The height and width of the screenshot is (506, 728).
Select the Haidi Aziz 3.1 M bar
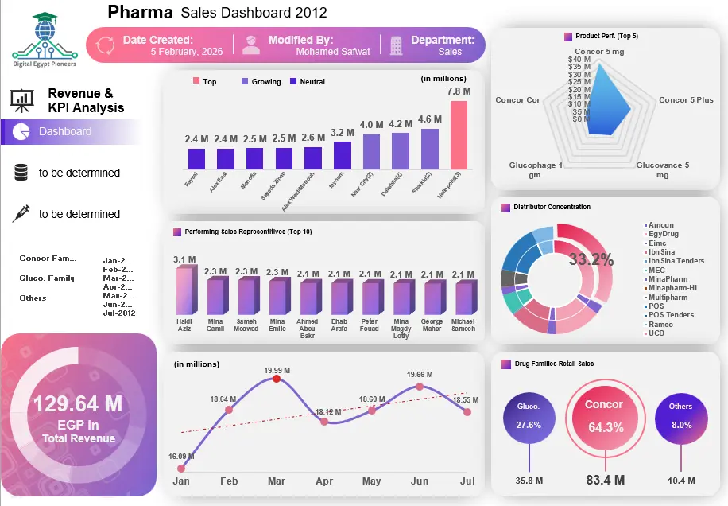[x=184, y=290]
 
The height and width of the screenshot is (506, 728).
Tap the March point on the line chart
[x=277, y=379]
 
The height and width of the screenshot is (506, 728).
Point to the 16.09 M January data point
[x=181, y=469]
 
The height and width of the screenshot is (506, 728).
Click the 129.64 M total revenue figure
[x=77, y=404]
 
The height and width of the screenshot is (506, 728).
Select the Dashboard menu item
[x=65, y=131]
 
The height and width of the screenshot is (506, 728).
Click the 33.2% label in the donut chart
[x=591, y=259]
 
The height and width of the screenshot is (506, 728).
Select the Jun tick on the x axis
[x=419, y=481]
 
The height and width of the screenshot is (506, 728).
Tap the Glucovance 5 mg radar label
[x=662, y=169]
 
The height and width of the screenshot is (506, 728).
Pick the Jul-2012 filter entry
[x=119, y=313]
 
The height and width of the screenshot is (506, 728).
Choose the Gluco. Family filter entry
[x=46, y=278]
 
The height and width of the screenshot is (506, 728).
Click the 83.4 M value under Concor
[x=605, y=480]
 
